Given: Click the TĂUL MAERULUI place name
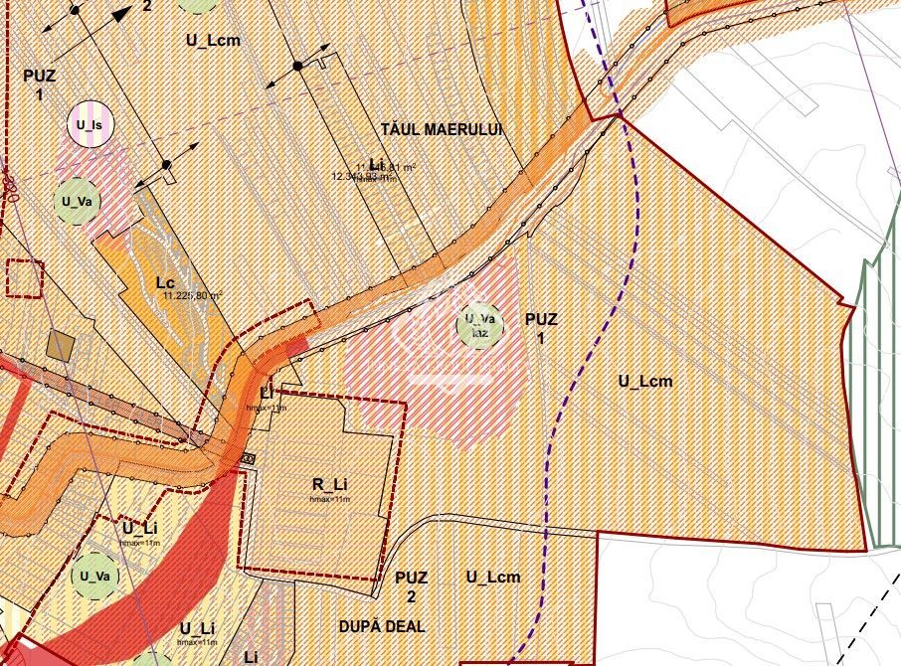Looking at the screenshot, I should pos(442,130).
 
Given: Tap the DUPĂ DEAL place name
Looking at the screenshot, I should pos(381,626).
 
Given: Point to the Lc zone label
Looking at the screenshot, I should pos(166,282).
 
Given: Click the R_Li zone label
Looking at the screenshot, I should pos(329,485).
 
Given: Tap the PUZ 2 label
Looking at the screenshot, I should pos(411,585).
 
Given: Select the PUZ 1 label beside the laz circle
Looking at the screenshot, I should pos(541,328).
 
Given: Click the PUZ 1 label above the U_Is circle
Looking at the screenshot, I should pos(39,84).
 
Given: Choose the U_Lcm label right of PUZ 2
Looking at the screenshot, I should pos(493,577).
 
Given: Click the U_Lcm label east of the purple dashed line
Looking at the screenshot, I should pos(645,381).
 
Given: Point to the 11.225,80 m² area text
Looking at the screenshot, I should pos(192,295).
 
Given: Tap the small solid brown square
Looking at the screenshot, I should pos(62,346).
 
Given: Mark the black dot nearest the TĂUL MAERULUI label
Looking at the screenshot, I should pos(296,66).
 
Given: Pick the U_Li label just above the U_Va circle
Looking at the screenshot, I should pos(140,528).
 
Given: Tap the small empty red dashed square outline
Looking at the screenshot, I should pos(25,277).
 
